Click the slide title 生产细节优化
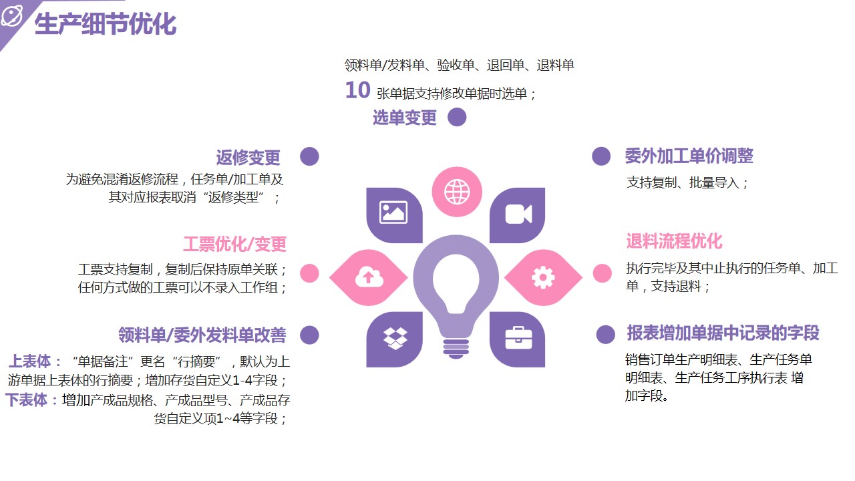106,24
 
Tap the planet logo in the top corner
12,16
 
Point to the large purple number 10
357,90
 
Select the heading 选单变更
405,117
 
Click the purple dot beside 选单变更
457,117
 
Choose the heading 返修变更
248,157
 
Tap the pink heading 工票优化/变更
234,244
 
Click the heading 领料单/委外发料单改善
202,335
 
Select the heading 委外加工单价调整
689,156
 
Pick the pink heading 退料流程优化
674,241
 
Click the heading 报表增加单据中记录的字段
723,333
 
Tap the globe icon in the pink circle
457,192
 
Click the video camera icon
518,214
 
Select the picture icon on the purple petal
393,212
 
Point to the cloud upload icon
369,277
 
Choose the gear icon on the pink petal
543,277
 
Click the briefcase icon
518,338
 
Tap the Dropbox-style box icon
395,338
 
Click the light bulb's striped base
456,347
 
